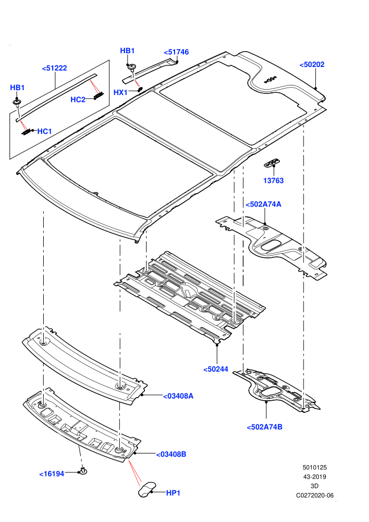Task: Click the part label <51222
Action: coord(55,68)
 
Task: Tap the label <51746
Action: coord(177,52)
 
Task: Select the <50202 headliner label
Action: coord(312,64)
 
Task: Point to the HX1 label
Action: coord(120,93)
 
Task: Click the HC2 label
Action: coord(78,100)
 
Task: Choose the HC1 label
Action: coord(45,131)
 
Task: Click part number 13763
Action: coord(274,181)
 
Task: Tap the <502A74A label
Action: coord(264,204)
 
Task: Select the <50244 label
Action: coord(216,369)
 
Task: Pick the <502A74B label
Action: coord(265,427)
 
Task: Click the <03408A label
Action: coord(178,396)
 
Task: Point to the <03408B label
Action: coord(171,454)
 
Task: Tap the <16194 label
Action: coord(52,474)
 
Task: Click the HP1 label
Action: coord(173,493)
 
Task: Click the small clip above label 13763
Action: coord(272,163)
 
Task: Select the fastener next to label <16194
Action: coord(83,471)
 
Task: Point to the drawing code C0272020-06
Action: coord(315,496)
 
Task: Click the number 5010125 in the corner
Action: coord(315,467)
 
